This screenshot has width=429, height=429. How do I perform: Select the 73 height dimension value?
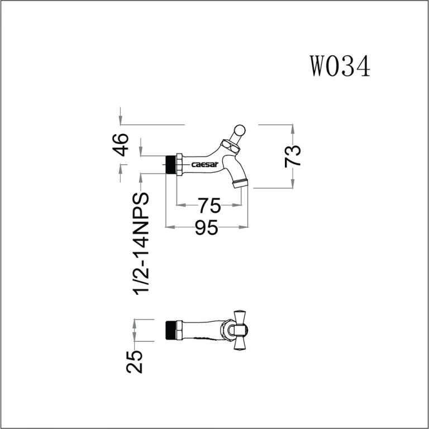293,155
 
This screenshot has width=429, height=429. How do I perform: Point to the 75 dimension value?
209,206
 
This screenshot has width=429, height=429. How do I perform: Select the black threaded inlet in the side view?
171,165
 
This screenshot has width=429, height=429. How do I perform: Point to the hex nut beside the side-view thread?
179,165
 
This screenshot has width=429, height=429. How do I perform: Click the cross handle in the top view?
241,330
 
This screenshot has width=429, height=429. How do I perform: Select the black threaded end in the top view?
171,330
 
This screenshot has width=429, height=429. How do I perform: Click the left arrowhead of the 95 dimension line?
169,227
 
